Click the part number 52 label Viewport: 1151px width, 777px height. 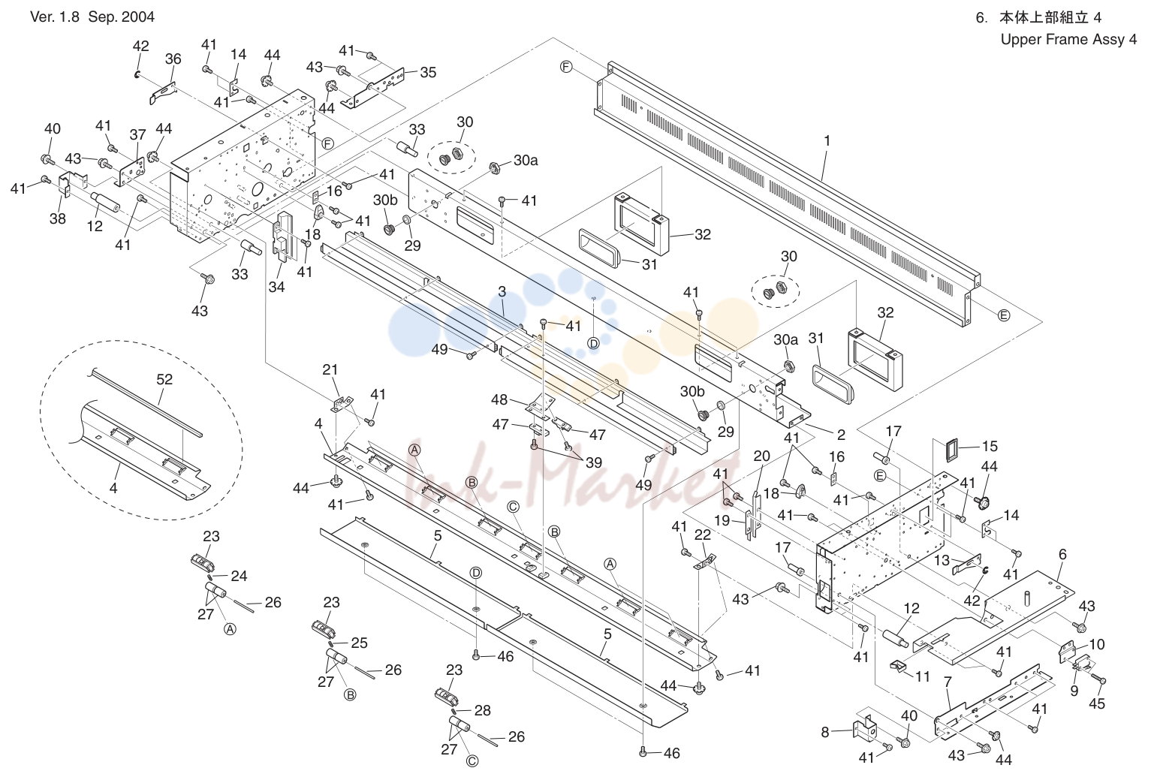[164, 379]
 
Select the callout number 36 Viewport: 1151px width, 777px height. [173, 59]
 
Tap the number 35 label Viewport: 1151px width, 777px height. [428, 73]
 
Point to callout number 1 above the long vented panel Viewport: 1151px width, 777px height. [827, 140]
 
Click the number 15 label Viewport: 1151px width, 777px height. [990, 446]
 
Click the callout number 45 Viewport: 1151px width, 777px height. [1097, 703]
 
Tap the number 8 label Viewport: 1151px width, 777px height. [824, 732]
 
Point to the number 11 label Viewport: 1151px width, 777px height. [923, 677]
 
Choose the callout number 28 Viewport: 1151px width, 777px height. [483, 710]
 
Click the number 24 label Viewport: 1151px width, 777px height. [239, 576]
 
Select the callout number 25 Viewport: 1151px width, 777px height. [359, 643]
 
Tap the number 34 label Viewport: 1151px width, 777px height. [276, 286]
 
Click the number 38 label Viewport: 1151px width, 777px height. [58, 218]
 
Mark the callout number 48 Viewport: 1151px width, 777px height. [499, 399]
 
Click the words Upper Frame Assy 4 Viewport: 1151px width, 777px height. [1068, 40]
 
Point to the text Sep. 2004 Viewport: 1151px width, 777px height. [122, 17]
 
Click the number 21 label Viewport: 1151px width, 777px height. [330, 369]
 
